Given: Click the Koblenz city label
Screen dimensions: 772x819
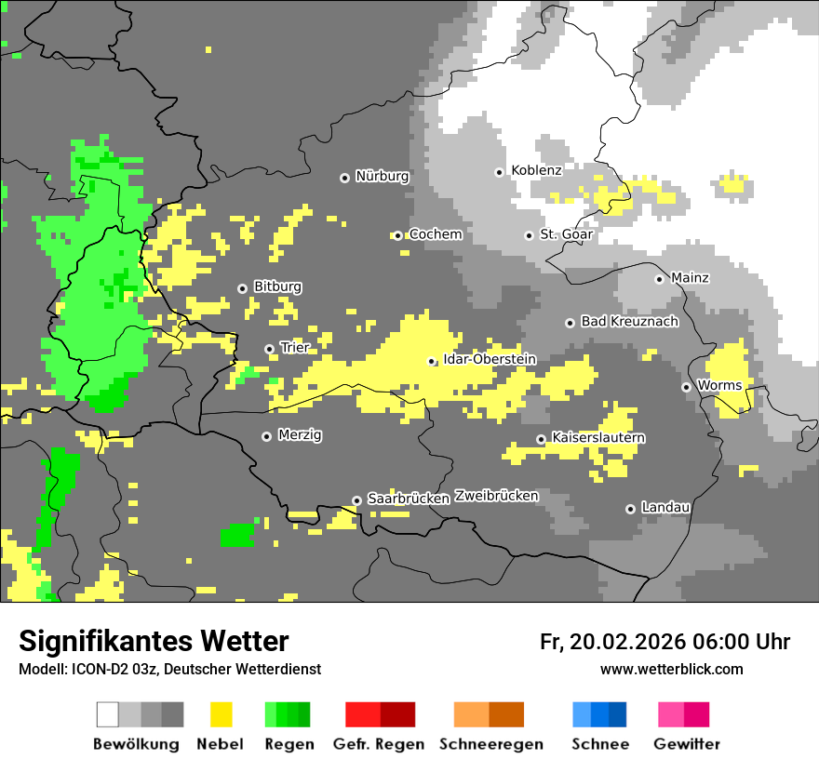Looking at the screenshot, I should (x=536, y=171).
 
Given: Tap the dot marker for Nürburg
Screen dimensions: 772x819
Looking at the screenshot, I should (x=344, y=177).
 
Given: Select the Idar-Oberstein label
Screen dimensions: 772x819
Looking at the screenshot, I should (x=490, y=360).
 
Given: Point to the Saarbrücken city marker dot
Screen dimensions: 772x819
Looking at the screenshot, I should (x=356, y=500).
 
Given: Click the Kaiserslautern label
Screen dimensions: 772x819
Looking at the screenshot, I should (x=598, y=438).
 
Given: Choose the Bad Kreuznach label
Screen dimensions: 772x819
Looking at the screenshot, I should (x=629, y=322).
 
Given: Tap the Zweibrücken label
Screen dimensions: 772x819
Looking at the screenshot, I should (x=496, y=497).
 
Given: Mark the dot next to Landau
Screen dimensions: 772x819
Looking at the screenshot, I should (x=630, y=509).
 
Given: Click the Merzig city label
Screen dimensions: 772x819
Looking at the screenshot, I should (x=300, y=435).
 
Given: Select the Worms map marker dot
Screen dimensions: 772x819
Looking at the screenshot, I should (x=686, y=387).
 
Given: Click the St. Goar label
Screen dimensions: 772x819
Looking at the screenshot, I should (x=566, y=235).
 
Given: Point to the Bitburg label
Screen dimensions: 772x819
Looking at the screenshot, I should (x=277, y=287).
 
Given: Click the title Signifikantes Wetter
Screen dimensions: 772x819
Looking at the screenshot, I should (x=154, y=642).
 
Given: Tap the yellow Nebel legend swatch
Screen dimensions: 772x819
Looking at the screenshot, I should (x=221, y=714).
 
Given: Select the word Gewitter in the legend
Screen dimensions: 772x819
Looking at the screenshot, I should (x=686, y=744).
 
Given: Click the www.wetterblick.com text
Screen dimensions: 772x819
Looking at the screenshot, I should (x=671, y=670).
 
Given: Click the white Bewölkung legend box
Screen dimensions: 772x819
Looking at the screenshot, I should (x=108, y=714).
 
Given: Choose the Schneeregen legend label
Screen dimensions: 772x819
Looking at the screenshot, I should (x=490, y=744).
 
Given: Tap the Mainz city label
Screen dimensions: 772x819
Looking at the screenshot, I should (x=689, y=278).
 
